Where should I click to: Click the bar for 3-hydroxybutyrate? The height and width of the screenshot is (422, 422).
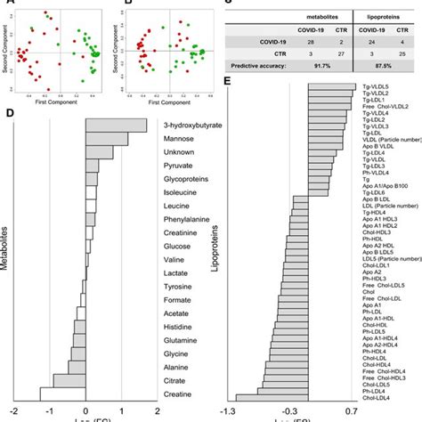116,126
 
